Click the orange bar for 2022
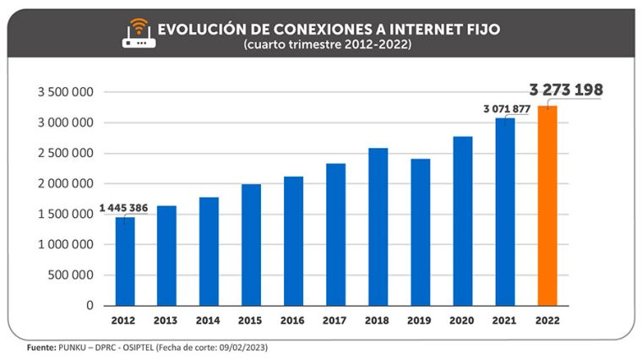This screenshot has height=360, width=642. (547, 205)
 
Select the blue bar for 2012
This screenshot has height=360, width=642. (125, 261)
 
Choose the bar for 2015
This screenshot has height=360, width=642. (252, 244)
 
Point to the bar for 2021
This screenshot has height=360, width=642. (505, 211)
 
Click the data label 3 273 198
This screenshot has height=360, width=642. (566, 90)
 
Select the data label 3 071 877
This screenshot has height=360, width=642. (487, 108)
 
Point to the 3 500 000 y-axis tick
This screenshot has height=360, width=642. (64, 92)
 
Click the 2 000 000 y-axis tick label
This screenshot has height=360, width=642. (64, 183)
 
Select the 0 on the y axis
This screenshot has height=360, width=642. (89, 306)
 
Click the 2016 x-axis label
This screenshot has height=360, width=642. (293, 321)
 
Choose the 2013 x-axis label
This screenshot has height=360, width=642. (166, 321)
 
